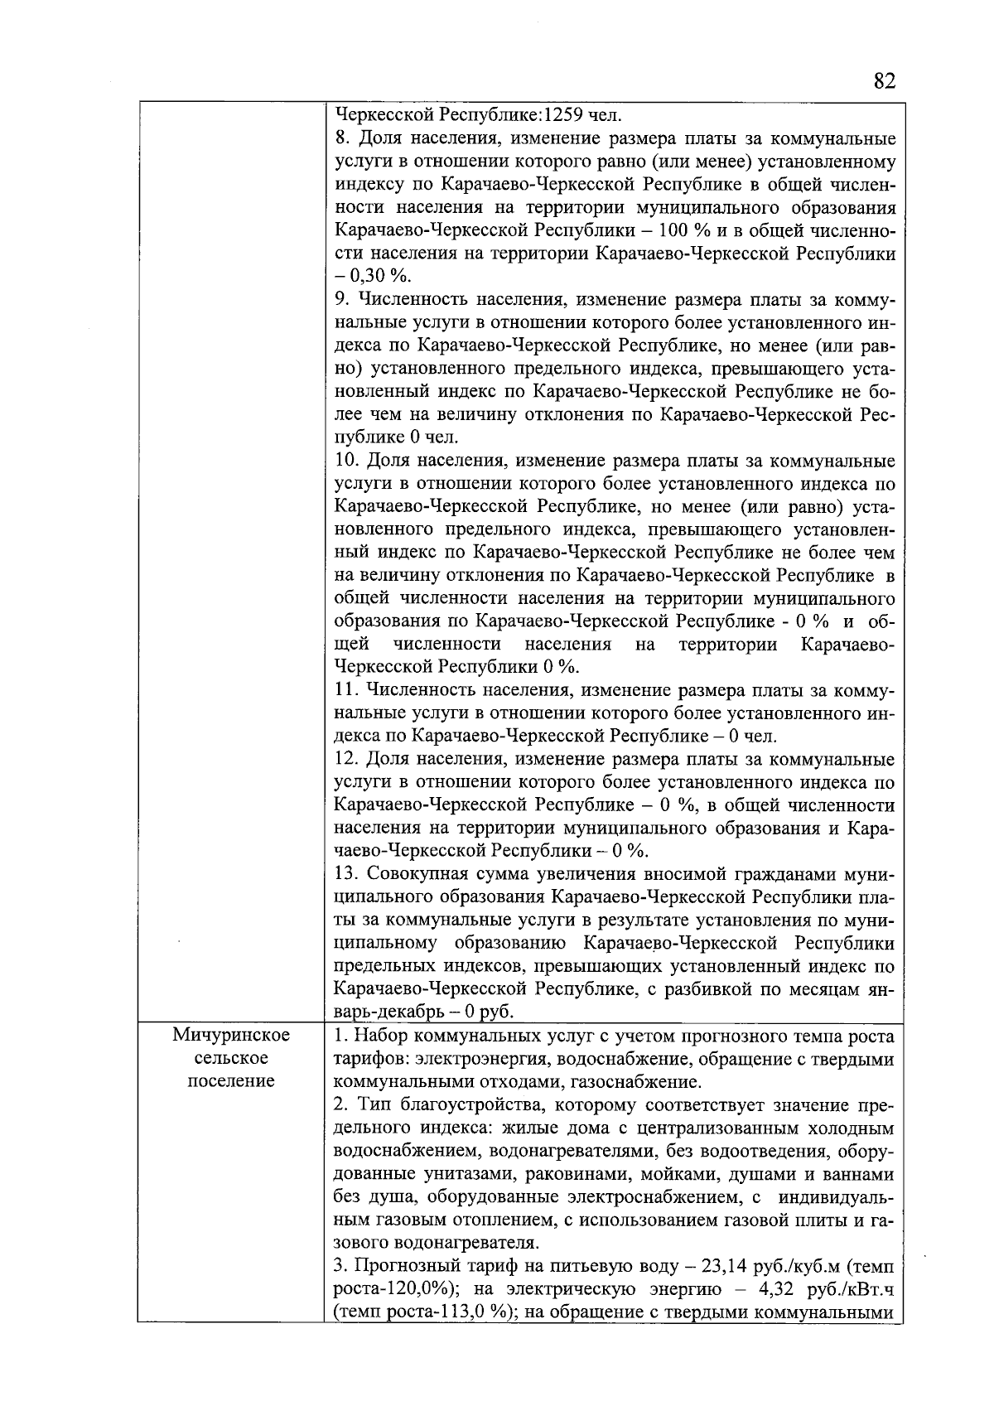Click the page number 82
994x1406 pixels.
coord(884,81)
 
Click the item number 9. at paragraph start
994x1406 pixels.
coord(342,298)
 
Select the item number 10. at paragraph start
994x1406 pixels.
coord(347,460)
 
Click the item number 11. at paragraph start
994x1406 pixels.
coord(346,689)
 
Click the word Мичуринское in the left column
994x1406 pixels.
coord(231,1036)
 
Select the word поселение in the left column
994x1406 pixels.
coord(231,1081)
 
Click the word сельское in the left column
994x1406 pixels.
coord(231,1059)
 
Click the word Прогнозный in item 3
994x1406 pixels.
coord(397,1266)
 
